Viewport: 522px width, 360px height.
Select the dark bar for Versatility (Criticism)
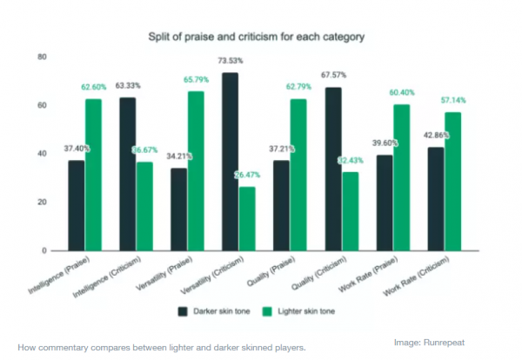229,162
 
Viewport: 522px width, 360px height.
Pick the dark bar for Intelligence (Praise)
77,205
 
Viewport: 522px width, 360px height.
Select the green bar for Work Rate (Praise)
400,177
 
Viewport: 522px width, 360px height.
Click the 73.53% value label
230,61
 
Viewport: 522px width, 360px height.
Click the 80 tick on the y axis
42,57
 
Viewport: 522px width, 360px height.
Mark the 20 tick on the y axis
42,202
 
